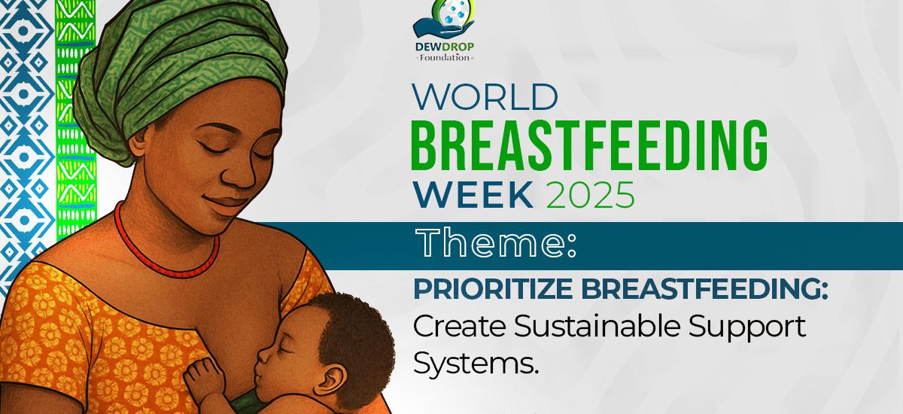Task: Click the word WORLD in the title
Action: click(x=485, y=97)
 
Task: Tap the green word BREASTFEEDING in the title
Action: click(x=589, y=145)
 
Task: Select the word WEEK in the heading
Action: click(x=473, y=195)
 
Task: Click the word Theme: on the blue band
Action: click(x=496, y=242)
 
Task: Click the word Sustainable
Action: click(x=597, y=326)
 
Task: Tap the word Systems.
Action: click(x=476, y=362)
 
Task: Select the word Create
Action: click(x=459, y=326)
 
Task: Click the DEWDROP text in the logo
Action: click(x=445, y=47)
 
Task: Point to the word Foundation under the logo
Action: click(x=445, y=57)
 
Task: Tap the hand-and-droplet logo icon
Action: click(x=444, y=19)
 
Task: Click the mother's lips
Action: click(x=225, y=204)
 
